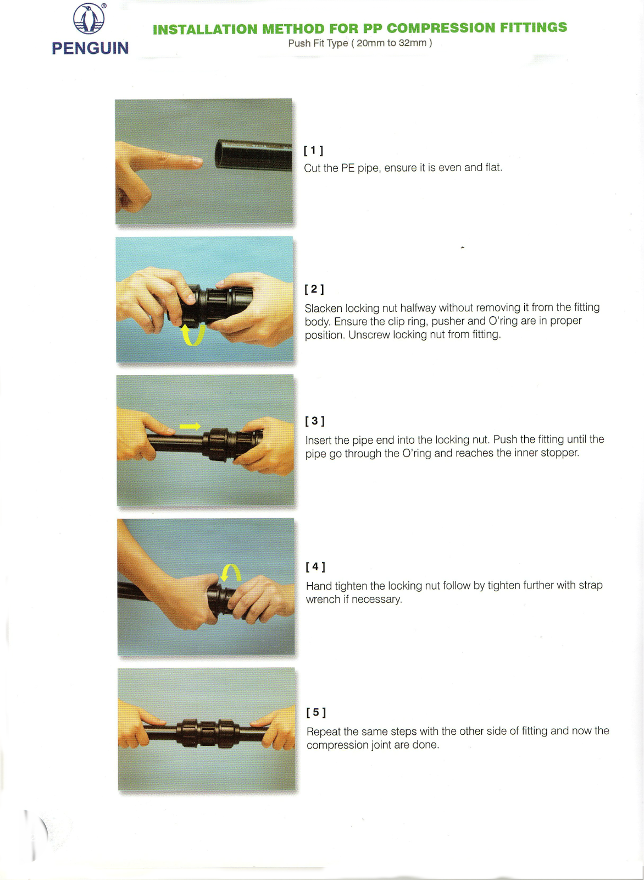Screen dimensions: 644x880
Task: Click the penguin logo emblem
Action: [x=89, y=19]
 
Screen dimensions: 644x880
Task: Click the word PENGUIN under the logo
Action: [x=90, y=48]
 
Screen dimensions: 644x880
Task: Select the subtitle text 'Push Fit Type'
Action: [x=318, y=43]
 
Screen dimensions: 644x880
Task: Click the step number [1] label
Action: [x=314, y=151]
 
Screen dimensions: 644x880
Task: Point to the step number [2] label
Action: [x=314, y=289]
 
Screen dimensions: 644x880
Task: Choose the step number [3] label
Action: [x=315, y=421]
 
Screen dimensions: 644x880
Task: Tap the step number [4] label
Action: [x=315, y=566]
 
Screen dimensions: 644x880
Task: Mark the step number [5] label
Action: [x=316, y=712]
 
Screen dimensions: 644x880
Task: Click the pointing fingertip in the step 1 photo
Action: [x=198, y=161]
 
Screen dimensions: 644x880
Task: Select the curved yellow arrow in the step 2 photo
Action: [x=193, y=335]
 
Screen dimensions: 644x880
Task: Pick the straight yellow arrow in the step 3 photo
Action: [x=190, y=426]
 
